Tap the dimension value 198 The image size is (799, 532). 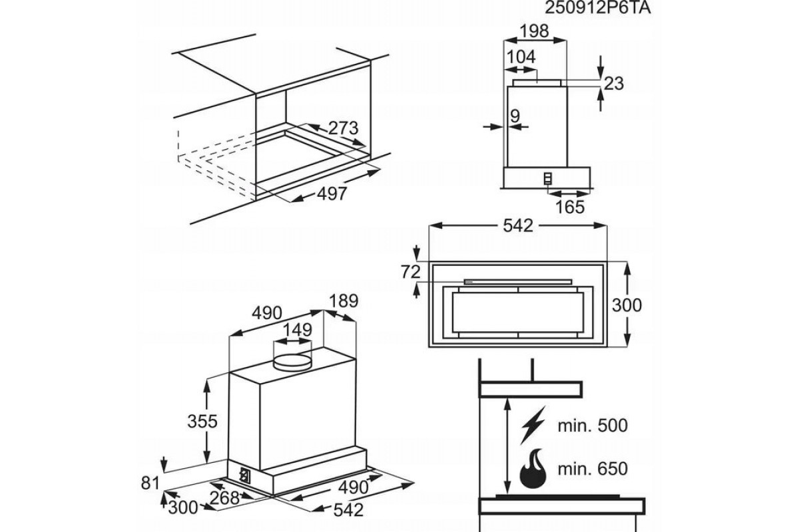coord(534,31)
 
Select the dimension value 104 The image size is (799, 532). coord(521,57)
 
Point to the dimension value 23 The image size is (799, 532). coord(615,83)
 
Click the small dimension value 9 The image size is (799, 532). coord(514,116)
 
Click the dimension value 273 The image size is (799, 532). coord(344,128)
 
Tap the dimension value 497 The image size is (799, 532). coord(331,194)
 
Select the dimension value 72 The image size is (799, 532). coord(411,272)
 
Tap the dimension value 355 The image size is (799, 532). coord(202,421)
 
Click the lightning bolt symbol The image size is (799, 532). coord(533,426)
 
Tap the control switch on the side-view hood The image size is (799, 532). coord(548,178)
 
